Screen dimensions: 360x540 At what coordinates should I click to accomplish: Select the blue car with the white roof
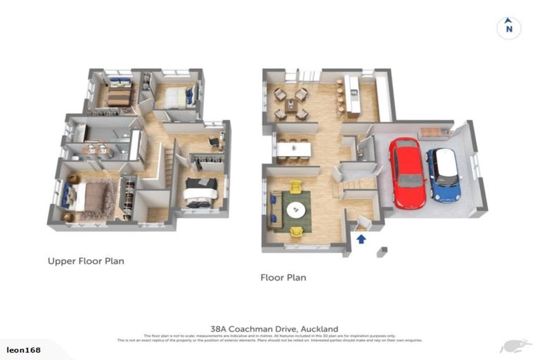point(443,174)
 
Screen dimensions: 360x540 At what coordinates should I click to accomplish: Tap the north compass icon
point(508,27)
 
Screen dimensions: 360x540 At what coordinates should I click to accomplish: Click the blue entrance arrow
point(361,238)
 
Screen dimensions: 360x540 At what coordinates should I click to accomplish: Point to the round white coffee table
point(296,209)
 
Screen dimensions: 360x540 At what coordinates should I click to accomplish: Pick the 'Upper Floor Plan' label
point(86,261)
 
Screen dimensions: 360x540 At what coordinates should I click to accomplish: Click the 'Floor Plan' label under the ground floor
point(283,278)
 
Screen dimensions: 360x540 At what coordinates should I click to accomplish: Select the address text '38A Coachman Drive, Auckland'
point(274,328)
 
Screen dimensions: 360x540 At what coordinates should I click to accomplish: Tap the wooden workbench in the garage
point(434,131)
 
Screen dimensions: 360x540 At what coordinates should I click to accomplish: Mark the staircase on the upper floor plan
point(167,169)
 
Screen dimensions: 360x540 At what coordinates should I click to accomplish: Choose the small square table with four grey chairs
point(290,103)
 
